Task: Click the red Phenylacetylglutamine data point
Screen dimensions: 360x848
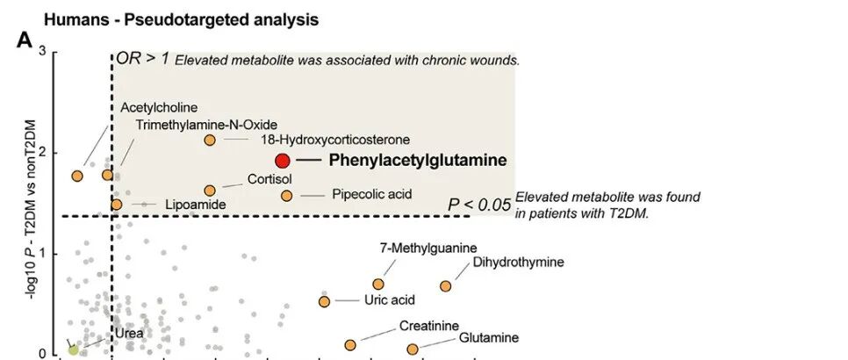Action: point(283,161)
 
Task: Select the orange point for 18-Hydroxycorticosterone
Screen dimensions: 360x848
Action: point(210,140)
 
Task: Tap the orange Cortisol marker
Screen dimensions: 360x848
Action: point(210,191)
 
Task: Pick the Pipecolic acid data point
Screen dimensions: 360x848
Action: point(286,195)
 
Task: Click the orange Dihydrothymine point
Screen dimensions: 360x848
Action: point(446,286)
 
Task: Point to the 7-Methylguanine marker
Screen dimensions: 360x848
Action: point(378,284)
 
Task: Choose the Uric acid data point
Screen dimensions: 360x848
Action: point(324,301)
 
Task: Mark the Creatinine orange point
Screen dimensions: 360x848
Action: point(350,345)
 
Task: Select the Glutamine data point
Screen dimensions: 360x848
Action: point(413,349)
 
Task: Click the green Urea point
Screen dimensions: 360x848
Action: point(74,349)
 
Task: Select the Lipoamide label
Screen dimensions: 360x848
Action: point(196,205)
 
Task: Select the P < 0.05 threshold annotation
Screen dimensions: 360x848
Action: point(479,205)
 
